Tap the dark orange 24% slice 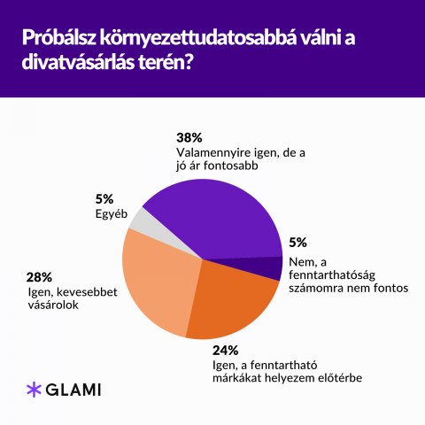tap(233, 304)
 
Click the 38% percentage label tap(189, 138)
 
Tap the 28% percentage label tap(39, 277)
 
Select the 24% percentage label tap(225, 351)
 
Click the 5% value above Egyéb tap(104, 199)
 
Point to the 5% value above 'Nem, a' tap(297, 243)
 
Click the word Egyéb tap(112, 214)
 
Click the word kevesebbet tap(87, 292)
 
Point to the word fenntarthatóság tap(332, 275)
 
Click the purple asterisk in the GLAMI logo tap(34, 390)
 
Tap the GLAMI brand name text tap(73, 390)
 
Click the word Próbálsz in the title tap(58, 38)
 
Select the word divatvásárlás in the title tap(79, 62)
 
